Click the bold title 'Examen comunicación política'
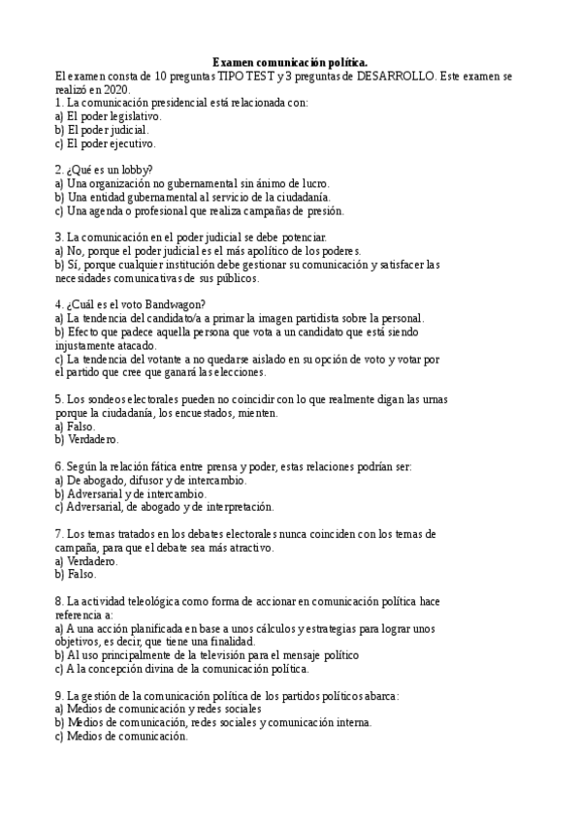(290, 61)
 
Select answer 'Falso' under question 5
(81, 426)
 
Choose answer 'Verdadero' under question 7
(91, 560)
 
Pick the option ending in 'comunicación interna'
(218, 722)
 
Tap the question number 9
(58, 695)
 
